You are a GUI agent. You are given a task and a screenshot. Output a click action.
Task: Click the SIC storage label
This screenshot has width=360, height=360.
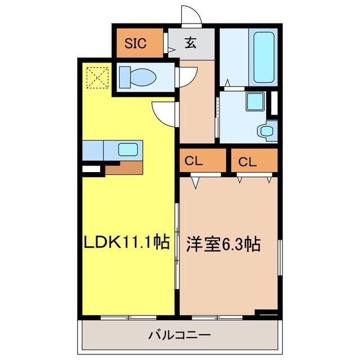coord(135,43)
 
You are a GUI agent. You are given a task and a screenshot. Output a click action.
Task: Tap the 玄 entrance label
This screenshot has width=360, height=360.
coord(191,44)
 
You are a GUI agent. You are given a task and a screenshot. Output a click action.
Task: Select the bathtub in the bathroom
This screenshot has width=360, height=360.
coord(264,57)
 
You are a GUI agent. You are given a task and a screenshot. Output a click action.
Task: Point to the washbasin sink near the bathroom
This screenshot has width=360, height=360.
coord(265,131)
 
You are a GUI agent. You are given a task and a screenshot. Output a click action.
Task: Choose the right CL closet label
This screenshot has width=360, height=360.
coord(247,161)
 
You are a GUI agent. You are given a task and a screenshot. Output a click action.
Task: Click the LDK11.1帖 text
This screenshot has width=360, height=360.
coord(127,243)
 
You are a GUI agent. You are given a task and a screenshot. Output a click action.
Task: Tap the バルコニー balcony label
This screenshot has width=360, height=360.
coord(180,335)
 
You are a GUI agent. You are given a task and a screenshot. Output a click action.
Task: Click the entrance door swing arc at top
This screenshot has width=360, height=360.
coord(191,15)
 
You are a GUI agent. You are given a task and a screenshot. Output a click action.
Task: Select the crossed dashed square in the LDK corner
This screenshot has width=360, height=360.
coord(97,76)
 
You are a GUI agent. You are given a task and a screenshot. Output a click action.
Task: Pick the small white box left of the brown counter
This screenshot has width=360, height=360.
coord(90,168)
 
